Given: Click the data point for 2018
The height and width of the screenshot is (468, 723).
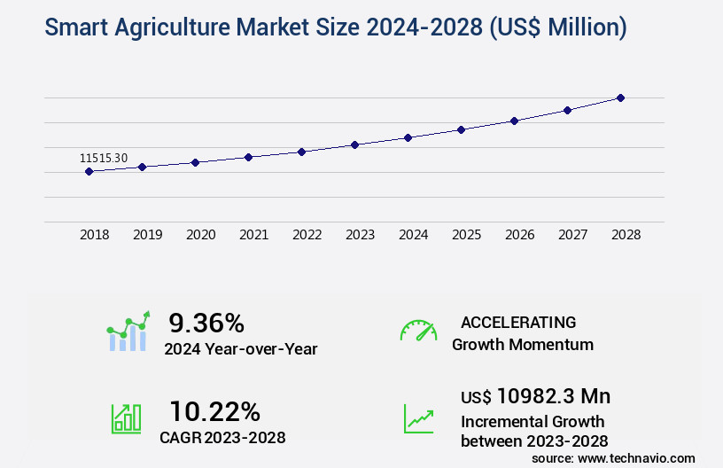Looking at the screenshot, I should pyautogui.click(x=89, y=171).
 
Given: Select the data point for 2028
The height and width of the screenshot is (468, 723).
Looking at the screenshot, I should pyautogui.click(x=620, y=97).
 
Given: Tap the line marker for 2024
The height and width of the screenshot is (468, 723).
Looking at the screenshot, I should pyautogui.click(x=408, y=137).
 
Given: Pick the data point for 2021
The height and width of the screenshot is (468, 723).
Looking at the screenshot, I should pyautogui.click(x=248, y=157).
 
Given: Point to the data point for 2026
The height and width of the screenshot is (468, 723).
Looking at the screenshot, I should pyautogui.click(x=514, y=121).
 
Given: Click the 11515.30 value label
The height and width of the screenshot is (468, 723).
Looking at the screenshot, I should pyautogui.click(x=104, y=158).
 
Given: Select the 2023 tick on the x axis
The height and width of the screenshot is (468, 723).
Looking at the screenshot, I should pyautogui.click(x=360, y=235).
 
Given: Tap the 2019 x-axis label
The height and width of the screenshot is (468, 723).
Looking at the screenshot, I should pyautogui.click(x=147, y=235).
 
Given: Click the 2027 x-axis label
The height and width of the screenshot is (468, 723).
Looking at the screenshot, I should pyautogui.click(x=572, y=235).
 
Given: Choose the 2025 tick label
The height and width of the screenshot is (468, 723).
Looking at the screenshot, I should pyautogui.click(x=466, y=235).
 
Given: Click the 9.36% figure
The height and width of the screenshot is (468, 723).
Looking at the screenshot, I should pyautogui.click(x=206, y=323).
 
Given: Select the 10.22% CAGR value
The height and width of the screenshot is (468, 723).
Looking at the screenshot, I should pyautogui.click(x=214, y=411).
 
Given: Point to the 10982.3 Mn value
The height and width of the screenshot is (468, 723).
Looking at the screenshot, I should pyautogui.click(x=553, y=396).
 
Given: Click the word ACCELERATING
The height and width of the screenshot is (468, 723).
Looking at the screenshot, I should pyautogui.click(x=518, y=323).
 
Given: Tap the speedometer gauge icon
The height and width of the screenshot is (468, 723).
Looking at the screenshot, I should pyautogui.click(x=418, y=331).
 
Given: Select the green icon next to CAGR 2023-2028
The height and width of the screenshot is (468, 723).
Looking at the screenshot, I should pyautogui.click(x=126, y=418).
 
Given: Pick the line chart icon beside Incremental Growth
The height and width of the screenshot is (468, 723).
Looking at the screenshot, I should pyautogui.click(x=418, y=418).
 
